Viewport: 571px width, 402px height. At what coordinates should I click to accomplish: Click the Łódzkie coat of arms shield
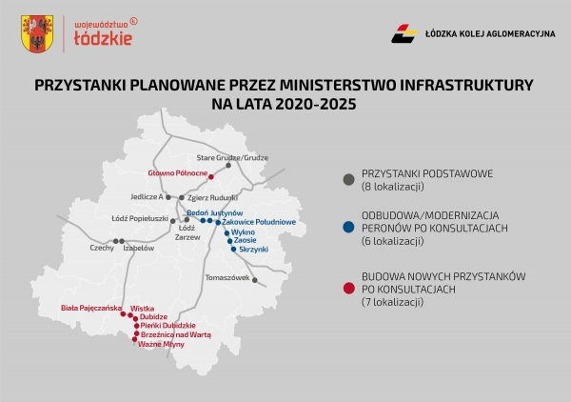pos(37,34)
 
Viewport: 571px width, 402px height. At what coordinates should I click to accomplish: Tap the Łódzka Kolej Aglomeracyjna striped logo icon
pos(404,33)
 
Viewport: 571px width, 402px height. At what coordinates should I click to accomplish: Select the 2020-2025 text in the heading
pos(316,104)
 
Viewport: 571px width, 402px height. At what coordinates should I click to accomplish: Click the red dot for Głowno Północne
pos(211,177)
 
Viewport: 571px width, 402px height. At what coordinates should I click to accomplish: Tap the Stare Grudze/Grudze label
pos(232,158)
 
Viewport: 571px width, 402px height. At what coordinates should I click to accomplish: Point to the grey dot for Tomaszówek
pos(255,280)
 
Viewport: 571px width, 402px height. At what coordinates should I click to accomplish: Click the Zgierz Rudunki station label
pos(212,198)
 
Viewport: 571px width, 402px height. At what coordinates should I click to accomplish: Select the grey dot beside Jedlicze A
pos(168,197)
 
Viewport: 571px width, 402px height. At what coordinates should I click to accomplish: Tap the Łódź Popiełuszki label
pos(140,219)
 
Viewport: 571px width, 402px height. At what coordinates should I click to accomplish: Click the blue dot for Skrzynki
pos(233,250)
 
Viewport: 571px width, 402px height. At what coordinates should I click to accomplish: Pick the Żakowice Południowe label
pos(259,222)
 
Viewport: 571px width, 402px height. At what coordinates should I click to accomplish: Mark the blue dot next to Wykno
pos(226,232)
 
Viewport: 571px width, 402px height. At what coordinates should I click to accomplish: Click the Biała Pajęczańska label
pos(91,308)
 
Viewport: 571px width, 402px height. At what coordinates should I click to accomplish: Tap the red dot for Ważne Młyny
pos(135,339)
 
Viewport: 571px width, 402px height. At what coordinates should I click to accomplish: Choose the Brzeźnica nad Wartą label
pos(176,334)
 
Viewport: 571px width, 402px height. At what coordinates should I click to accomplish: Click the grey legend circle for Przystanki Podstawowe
pos(349,180)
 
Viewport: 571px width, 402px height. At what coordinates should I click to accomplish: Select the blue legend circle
pos(349,228)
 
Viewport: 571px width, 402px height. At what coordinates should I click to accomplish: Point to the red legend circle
pos(349,289)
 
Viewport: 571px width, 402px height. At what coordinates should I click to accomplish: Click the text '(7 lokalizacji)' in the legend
pos(392,302)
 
